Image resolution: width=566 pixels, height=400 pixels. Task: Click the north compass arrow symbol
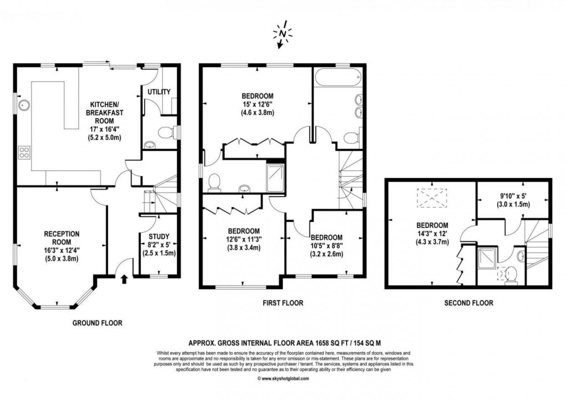(282, 34)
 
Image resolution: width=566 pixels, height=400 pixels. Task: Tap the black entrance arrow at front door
(124, 278)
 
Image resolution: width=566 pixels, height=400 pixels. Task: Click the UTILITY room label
(159, 91)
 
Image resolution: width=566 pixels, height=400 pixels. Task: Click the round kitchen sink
(24, 104)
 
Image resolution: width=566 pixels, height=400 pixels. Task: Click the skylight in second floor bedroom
(427, 197)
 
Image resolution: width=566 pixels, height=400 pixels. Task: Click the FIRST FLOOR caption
(282, 303)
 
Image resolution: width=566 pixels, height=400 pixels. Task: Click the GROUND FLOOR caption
(97, 323)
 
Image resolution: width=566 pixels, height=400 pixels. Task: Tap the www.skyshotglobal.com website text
(283, 379)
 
